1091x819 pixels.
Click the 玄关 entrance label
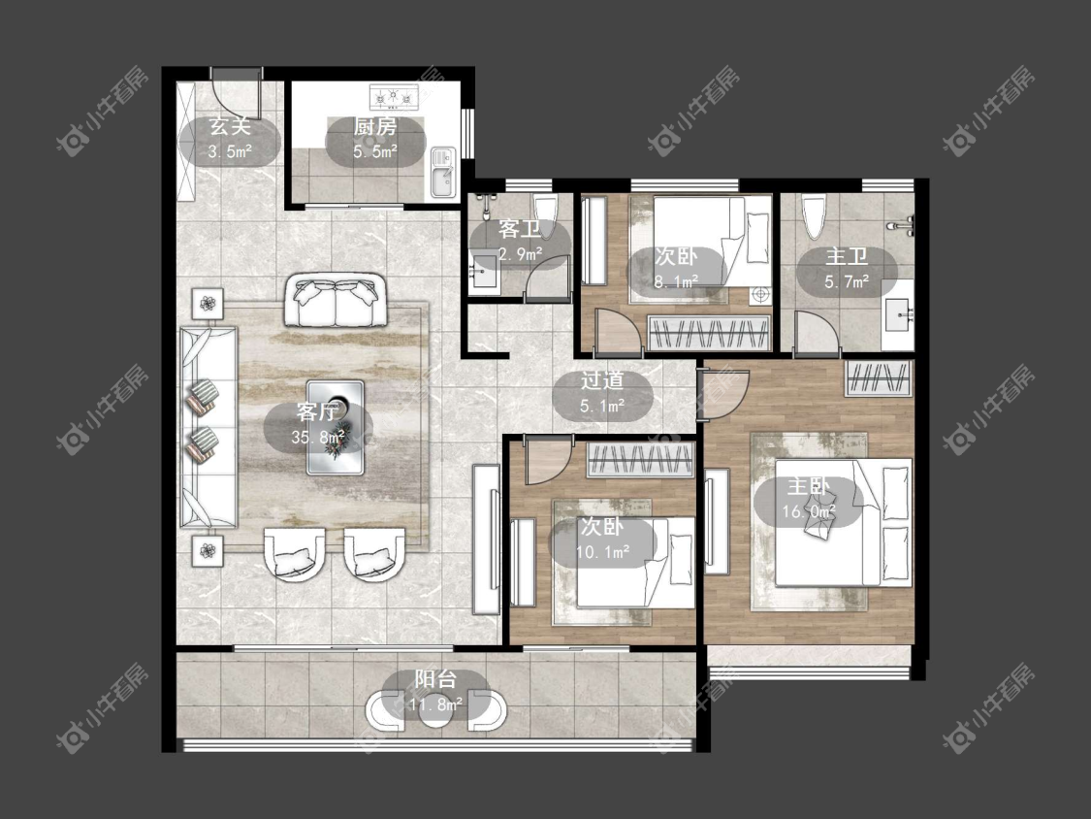tap(230, 126)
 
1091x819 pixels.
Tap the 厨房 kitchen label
tap(375, 127)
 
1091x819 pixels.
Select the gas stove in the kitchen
tap(394, 97)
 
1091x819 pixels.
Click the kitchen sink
tap(442, 173)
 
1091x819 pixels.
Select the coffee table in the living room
tap(336, 428)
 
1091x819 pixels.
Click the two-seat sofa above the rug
tap(336, 301)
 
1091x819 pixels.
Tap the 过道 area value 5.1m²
tap(602, 406)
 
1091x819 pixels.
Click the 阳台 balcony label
tap(435, 678)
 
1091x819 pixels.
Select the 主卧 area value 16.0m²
tap(809, 512)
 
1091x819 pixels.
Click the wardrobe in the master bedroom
tap(878, 378)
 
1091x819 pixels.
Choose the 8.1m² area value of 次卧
tap(676, 282)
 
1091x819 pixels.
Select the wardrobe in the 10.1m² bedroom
tap(641, 460)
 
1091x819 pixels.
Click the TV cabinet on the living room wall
tap(486, 539)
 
